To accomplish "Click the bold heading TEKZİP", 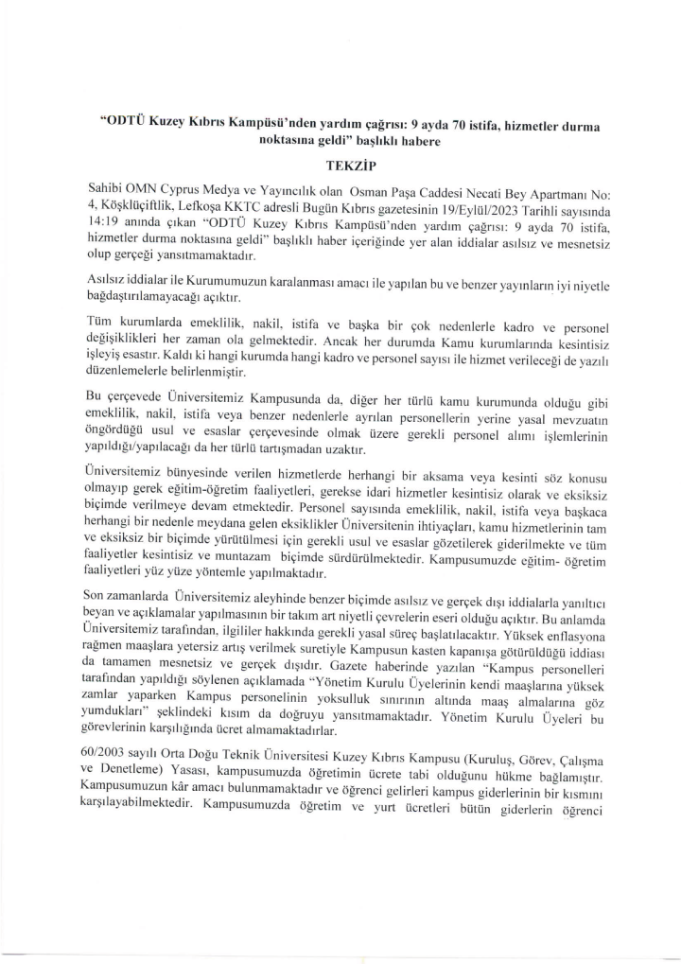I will point(339,163).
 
